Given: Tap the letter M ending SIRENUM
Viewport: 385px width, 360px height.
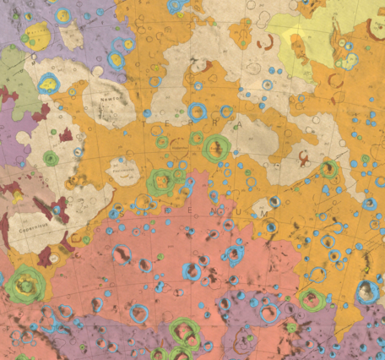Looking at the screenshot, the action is coord(264,215).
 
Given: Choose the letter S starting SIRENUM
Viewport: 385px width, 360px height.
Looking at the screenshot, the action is coord(122,213).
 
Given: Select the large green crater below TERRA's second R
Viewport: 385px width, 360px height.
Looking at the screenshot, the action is coord(217,148).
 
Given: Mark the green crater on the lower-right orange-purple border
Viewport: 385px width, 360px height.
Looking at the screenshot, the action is coord(312,298).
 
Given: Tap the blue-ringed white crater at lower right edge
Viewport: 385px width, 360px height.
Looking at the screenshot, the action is coord(367,291).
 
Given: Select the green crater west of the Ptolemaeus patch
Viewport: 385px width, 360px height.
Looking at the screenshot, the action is coord(52,158).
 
